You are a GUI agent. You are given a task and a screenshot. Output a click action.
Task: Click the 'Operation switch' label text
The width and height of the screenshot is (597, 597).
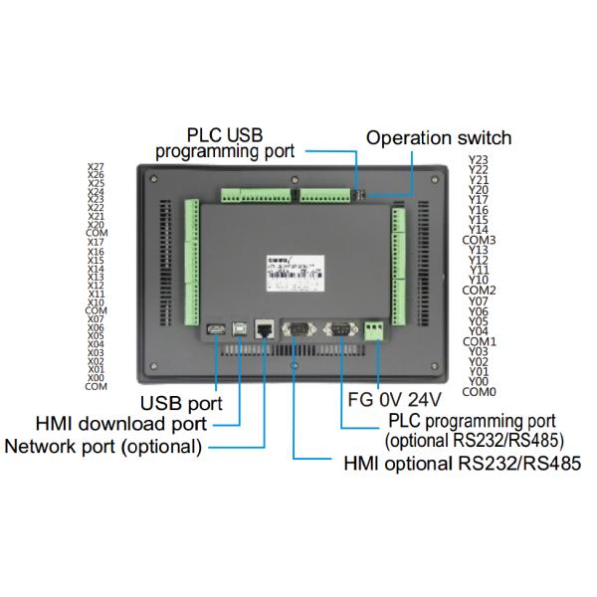438,138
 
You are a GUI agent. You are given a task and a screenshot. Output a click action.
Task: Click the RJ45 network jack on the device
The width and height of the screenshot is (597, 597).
266,329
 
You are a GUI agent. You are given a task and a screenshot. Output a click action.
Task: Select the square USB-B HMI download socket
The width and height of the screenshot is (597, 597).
241,328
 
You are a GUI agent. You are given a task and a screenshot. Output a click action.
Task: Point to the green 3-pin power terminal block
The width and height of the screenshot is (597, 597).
376,330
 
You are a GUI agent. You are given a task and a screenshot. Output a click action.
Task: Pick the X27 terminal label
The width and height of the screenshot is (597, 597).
96,167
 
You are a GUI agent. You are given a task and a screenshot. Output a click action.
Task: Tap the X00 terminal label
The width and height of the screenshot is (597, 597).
96,378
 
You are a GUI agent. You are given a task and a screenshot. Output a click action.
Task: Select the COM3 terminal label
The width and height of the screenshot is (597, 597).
480,240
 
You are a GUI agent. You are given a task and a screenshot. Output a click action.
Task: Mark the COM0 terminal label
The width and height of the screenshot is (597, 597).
480,391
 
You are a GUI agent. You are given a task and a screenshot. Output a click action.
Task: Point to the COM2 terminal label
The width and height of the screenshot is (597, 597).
480,291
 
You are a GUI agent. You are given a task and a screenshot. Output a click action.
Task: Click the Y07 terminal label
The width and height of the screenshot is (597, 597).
478,300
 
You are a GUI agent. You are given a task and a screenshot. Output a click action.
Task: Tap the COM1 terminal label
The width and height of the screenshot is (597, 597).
480,341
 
